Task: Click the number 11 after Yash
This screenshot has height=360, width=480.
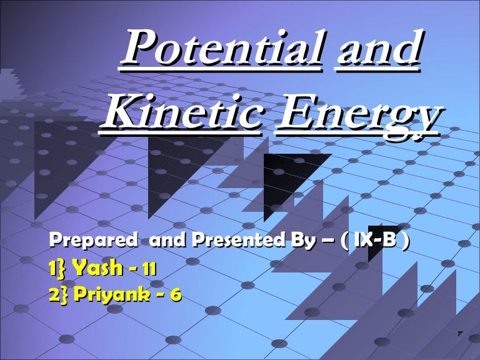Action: coord(149,269)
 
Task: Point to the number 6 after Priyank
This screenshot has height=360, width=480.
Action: coord(177,293)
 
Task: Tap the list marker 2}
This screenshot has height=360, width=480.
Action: coord(59,292)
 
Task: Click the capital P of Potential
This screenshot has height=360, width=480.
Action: coord(139,51)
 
